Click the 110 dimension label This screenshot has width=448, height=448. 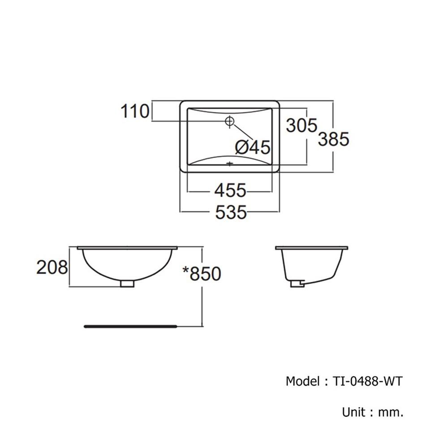pyautogui.click(x=134, y=111)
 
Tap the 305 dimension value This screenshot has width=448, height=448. pyautogui.click(x=302, y=125)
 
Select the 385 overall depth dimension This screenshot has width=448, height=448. pyautogui.click(x=333, y=139)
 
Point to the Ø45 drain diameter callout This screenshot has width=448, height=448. pyautogui.click(x=252, y=147)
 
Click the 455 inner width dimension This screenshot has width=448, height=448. pyautogui.click(x=230, y=191)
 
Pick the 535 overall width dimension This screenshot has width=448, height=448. pyautogui.click(x=231, y=212)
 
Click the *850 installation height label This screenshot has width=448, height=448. pyautogui.click(x=202, y=273)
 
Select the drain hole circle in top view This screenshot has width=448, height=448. pyautogui.click(x=230, y=121)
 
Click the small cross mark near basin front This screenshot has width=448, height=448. pyautogui.click(x=230, y=164)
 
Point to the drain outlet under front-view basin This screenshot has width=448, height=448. pyautogui.click(x=128, y=283)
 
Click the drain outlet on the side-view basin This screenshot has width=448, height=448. pyautogui.click(x=297, y=283)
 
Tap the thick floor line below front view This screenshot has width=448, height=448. pyautogui.click(x=130, y=327)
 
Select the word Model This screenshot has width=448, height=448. pyautogui.click(x=302, y=381)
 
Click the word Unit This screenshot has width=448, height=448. pyautogui.click(x=353, y=412)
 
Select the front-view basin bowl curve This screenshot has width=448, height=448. pyautogui.click(x=128, y=269)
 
